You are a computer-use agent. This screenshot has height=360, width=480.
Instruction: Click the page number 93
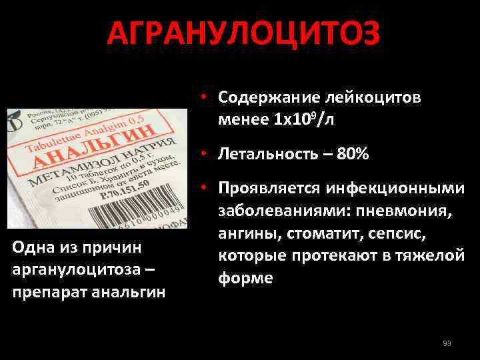447,343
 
